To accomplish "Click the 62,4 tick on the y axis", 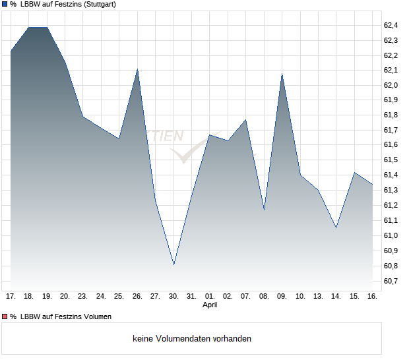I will [x=391, y=25].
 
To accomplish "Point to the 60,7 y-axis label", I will [x=391, y=282].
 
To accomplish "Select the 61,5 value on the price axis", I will [x=391, y=160].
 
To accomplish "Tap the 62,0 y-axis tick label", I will [x=391, y=85].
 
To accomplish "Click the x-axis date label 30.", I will [x=173, y=296].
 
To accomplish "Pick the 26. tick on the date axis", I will [x=137, y=296].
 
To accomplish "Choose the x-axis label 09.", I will [x=282, y=296].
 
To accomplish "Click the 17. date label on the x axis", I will [x=11, y=296].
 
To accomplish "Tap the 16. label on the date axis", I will [x=372, y=296].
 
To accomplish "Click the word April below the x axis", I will [x=210, y=305].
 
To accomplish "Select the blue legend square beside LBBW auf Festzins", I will [x=5, y=5].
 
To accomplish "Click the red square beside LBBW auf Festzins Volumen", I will [x=5, y=316].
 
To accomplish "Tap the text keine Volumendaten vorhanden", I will [x=192, y=339].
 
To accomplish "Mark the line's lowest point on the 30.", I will [x=173, y=264].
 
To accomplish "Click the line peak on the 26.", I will [x=137, y=69].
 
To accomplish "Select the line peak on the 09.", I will [x=282, y=74].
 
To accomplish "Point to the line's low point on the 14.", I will [x=336, y=227].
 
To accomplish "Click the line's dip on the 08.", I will [x=264, y=210].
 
